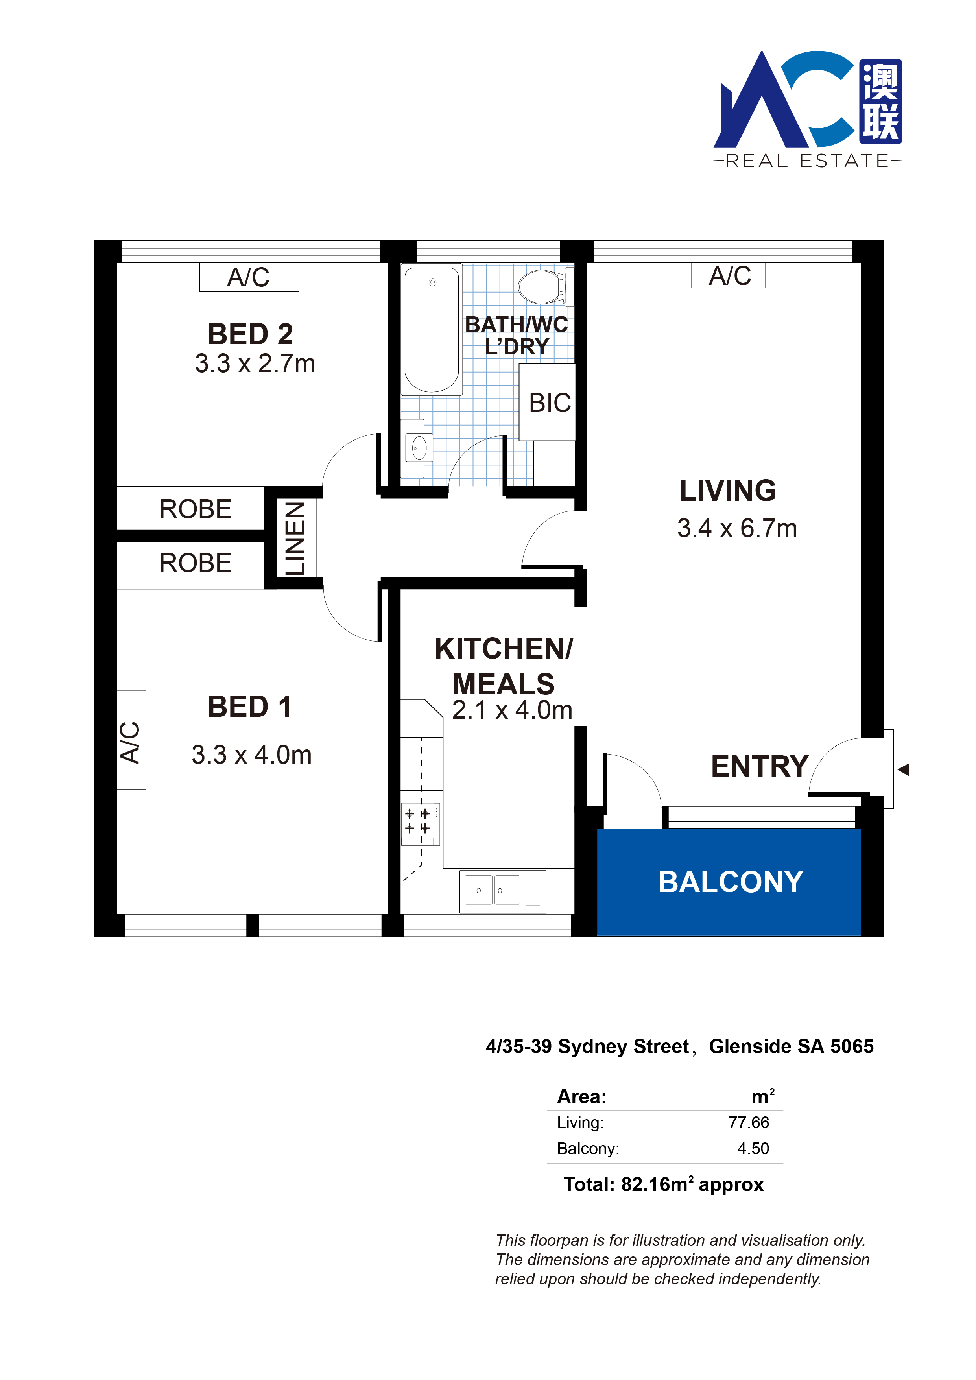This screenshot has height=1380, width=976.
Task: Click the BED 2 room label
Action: click(250, 334)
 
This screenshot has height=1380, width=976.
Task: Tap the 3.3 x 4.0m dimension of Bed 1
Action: click(251, 755)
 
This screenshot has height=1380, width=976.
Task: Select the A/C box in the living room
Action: click(729, 276)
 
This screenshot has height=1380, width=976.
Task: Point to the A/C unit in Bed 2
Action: click(249, 277)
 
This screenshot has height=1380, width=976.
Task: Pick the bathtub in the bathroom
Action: click(432, 329)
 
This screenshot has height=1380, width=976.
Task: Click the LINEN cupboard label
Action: click(295, 539)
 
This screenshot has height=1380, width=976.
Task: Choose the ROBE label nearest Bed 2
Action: click(196, 509)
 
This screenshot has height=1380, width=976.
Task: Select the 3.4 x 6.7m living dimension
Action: click(737, 528)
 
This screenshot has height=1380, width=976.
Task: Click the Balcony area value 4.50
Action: click(753, 1149)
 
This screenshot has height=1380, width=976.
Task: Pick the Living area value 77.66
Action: click(749, 1122)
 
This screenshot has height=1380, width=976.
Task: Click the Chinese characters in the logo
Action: click(880, 101)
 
